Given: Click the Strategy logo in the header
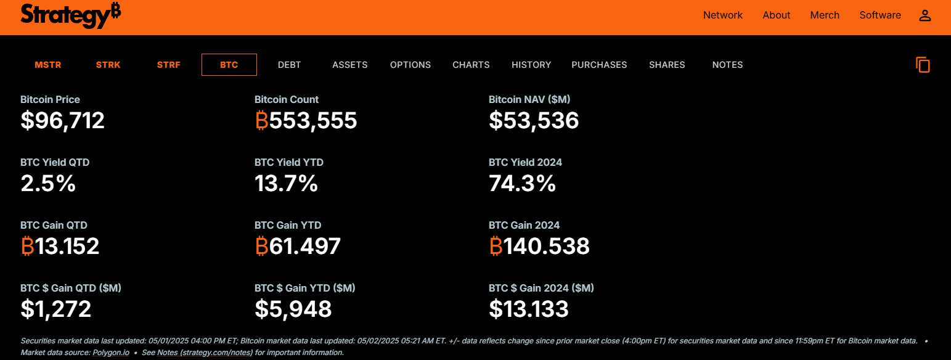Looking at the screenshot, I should coord(70,15).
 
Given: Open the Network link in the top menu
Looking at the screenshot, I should coord(722,15).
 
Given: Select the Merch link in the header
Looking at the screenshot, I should coord(825,15).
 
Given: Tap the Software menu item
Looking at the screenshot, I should coord(880,15).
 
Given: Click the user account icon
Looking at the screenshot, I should coord(924,15).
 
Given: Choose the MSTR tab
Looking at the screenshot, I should coord(48,65).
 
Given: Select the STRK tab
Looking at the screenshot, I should coord(108,65).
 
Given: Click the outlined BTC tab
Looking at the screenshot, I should coord(229,65).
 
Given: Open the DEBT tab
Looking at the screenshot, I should coord(289,65).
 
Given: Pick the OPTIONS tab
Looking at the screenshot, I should coord(410,65).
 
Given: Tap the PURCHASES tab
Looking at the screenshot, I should coord(599,65).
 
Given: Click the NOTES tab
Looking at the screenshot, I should coord(727,65).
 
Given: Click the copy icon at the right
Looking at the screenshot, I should coord(923,65).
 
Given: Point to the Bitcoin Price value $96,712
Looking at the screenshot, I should coord(62,120).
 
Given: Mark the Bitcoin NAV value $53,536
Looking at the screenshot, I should coord(534,120).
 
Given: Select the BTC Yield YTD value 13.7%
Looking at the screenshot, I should coord(286,183).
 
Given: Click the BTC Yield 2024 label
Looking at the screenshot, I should coord(525,162).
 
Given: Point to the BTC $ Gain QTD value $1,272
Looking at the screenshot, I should coord(56,309).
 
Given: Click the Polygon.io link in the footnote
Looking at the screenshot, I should coord(112,353).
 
